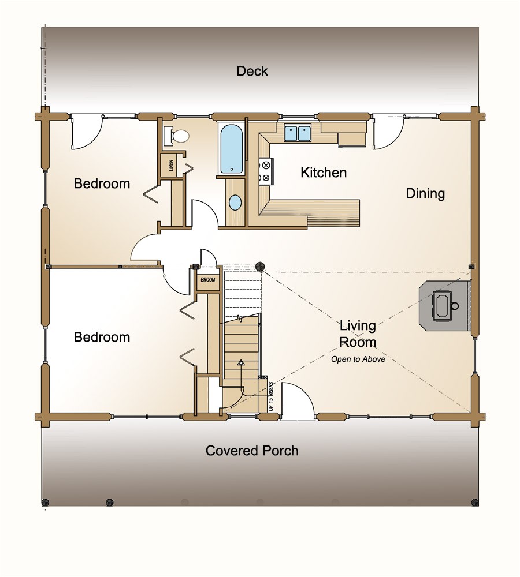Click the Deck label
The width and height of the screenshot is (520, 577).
pyautogui.click(x=252, y=71)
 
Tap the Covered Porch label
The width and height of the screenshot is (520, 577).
pyautogui.click(x=252, y=451)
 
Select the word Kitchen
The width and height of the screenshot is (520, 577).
pyautogui.click(x=324, y=173)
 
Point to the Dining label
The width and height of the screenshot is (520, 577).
pyautogui.click(x=425, y=193)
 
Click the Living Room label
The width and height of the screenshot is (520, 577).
pyautogui.click(x=358, y=334)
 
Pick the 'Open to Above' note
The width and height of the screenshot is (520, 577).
pyautogui.click(x=358, y=359)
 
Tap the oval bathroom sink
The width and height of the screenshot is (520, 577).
pyautogui.click(x=235, y=203)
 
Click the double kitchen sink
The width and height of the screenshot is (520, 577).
pyautogui.click(x=298, y=133)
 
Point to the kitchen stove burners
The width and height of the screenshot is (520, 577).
pyautogui.click(x=266, y=171)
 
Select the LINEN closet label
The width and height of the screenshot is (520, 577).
pyautogui.click(x=171, y=166)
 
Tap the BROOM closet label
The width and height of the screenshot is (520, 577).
pyautogui.click(x=208, y=280)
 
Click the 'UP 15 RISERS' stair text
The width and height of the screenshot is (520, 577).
pyautogui.click(x=270, y=397)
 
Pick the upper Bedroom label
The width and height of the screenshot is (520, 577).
pyautogui.click(x=102, y=184)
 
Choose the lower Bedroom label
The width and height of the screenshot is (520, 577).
pyautogui.click(x=102, y=337)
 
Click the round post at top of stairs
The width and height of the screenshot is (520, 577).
pyautogui.click(x=261, y=267)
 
